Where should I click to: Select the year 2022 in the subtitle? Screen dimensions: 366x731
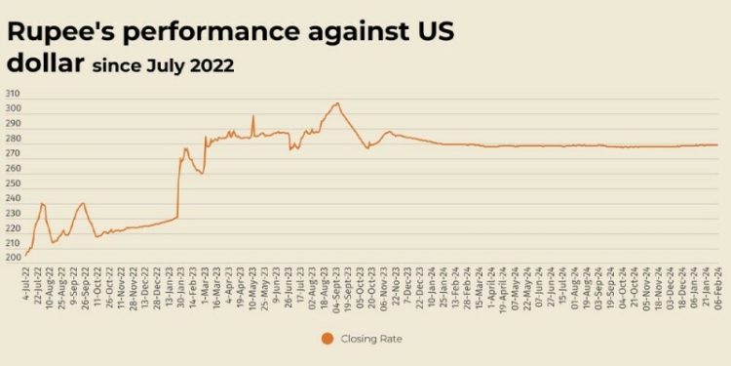pyautogui.click(x=214, y=67)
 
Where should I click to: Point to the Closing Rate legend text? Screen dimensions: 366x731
pyautogui.click(x=375, y=338)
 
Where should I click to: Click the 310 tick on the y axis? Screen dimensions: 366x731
pyautogui.click(x=14, y=93)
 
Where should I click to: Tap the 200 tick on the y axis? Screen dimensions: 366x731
pyautogui.click(x=14, y=258)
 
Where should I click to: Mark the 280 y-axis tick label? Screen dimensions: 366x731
pyautogui.click(x=14, y=138)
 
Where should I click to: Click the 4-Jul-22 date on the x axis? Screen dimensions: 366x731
pyautogui.click(x=23, y=283)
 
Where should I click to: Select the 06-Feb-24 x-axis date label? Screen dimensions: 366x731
pyautogui.click(x=717, y=285)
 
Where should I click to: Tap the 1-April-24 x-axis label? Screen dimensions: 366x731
pyautogui.click(x=492, y=286)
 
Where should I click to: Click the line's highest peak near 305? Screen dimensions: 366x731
pyautogui.click(x=337, y=102)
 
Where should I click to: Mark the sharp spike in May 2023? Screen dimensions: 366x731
pyautogui.click(x=253, y=116)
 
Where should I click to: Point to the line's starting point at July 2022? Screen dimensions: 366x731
pyautogui.click(x=24, y=256)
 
